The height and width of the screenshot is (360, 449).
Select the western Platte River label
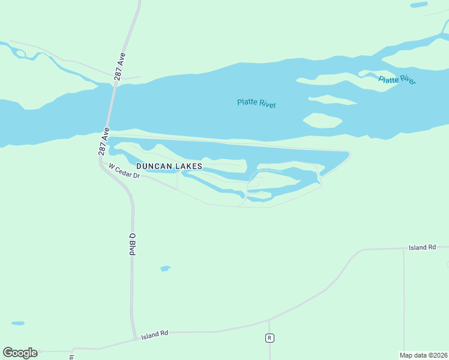256,103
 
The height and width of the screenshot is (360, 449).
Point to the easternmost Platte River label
397,79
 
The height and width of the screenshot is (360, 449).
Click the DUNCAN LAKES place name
169,166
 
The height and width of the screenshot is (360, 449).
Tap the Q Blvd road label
131,244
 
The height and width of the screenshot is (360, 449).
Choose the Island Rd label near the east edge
422,247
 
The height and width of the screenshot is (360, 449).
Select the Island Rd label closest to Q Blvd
155,334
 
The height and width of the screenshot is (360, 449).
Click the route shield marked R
270,338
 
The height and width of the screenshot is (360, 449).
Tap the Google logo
20,353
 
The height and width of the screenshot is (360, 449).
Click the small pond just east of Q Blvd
165,268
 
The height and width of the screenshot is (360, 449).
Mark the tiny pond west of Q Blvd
18,323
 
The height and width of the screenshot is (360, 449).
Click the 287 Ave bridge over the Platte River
111,108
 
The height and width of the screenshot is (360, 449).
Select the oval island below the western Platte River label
322,120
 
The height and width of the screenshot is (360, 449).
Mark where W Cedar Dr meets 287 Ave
103,163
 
